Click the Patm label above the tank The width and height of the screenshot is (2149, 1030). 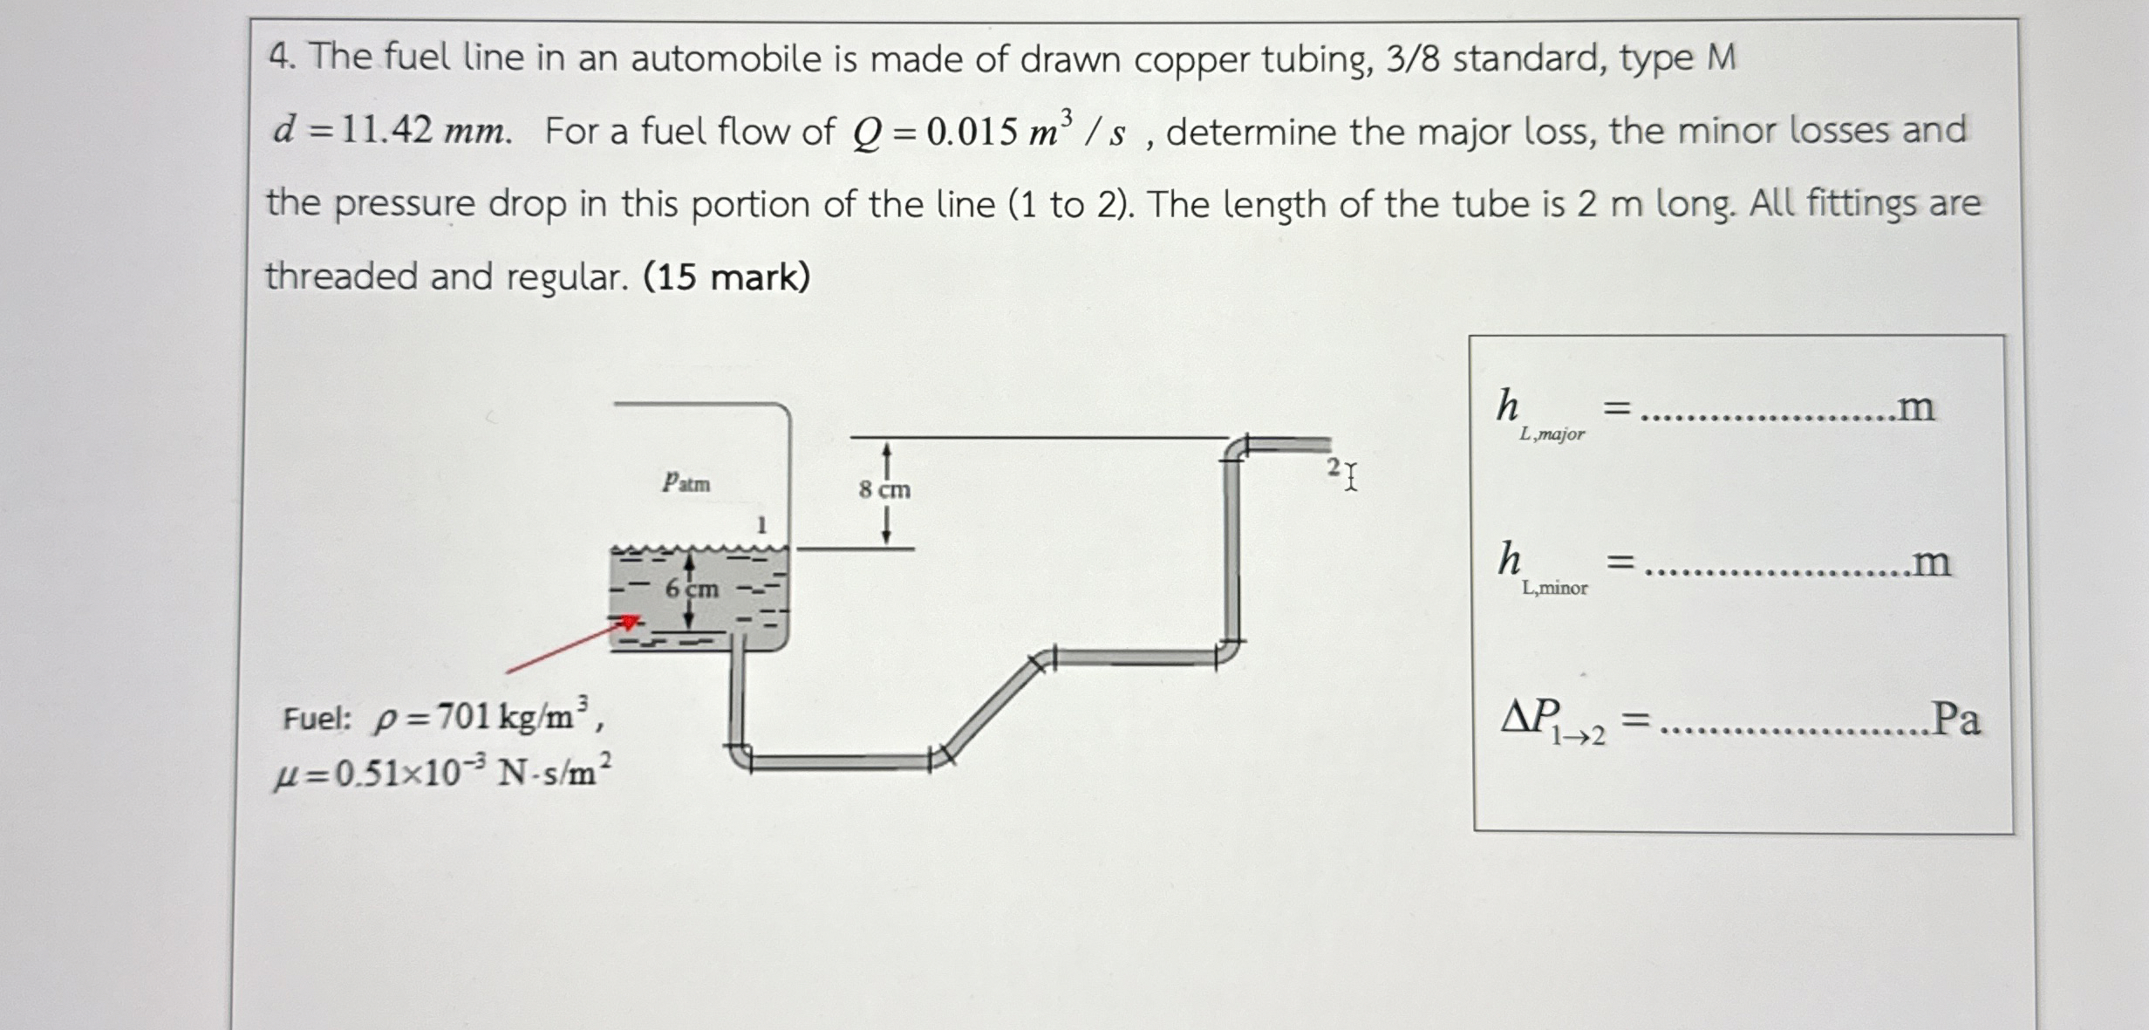[686, 482]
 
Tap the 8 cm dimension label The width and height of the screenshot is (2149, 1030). [884, 490]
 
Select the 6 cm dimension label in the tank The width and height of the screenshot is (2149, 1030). [692, 590]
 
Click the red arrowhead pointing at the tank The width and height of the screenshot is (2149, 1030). [627, 622]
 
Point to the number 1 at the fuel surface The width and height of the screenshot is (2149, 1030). [761, 525]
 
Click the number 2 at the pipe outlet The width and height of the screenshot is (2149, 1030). [1334, 467]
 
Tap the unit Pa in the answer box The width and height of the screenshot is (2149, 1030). [1955, 720]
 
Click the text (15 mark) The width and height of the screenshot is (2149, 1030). [727, 277]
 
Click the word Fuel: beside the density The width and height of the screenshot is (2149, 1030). [317, 719]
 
